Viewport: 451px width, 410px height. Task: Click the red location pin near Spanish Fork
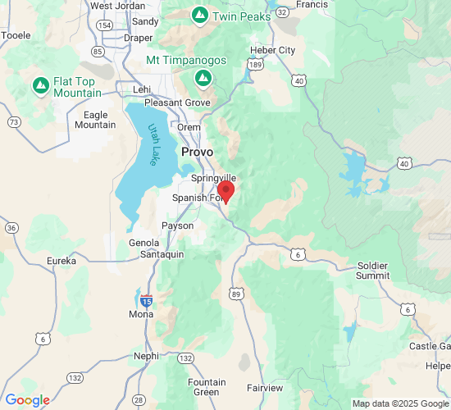225,191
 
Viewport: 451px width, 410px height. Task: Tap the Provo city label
197,153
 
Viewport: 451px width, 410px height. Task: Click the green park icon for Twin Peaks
199,16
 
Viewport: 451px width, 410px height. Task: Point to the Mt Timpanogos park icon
203,77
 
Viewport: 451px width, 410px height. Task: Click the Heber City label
272,50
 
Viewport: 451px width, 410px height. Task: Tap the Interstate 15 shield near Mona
146,301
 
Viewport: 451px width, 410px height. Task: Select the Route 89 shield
236,293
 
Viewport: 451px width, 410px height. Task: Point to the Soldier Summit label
373,271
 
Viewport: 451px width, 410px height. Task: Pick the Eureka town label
61,261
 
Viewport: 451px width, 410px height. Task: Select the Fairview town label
265,387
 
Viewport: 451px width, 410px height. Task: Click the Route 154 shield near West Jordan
104,25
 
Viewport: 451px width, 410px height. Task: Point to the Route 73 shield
14,122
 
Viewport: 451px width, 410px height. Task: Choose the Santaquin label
156,255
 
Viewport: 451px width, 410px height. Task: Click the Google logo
27,400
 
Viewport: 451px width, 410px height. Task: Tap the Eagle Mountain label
95,120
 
